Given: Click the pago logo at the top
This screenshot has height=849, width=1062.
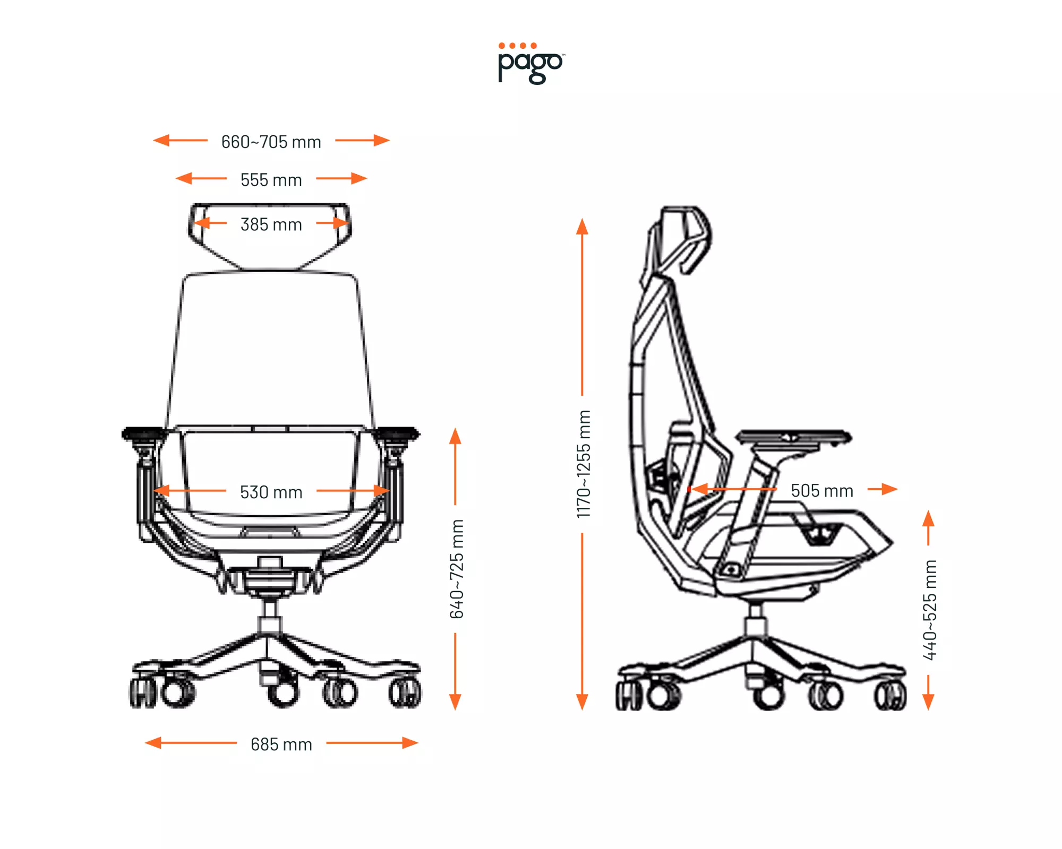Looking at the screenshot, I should (x=530, y=63).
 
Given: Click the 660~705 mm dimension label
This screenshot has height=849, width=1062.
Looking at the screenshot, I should (x=271, y=142).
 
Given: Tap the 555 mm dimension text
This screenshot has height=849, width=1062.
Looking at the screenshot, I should (x=271, y=180).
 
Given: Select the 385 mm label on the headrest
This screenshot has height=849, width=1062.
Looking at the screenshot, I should (x=271, y=224).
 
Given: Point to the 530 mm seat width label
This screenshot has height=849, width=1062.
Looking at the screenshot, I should (x=271, y=492).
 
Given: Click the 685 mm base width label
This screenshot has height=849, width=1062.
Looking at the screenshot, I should (x=281, y=744).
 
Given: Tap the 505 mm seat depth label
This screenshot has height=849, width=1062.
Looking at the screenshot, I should (x=821, y=490).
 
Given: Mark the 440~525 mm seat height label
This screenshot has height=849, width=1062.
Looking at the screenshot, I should (x=929, y=610).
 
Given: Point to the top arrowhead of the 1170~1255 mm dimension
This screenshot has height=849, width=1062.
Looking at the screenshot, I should (x=583, y=226).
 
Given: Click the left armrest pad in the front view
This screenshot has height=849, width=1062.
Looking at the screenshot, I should (x=144, y=434).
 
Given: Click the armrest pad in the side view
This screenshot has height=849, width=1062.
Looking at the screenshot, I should (x=793, y=437).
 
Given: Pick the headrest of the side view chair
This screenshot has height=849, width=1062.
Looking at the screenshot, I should (x=685, y=239).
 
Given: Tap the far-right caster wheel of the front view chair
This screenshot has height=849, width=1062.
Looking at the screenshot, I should (x=406, y=692).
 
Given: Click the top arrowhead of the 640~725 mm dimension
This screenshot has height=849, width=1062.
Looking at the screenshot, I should (x=455, y=436).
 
